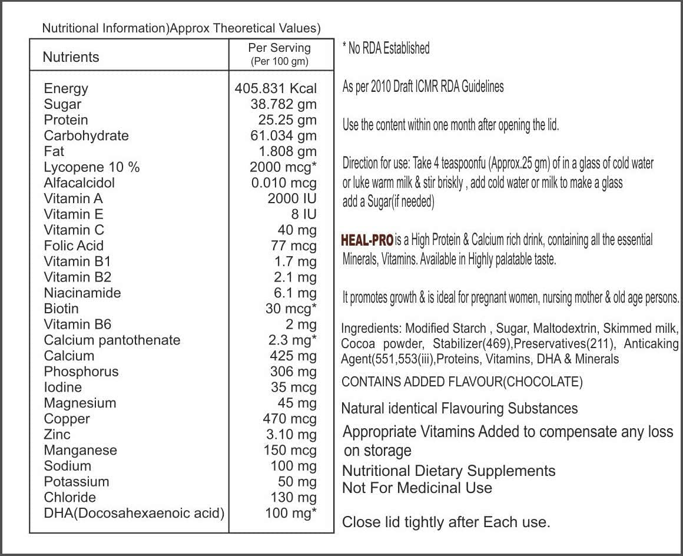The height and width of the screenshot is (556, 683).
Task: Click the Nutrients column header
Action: point(71,57)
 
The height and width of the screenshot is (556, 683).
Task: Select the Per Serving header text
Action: point(279,48)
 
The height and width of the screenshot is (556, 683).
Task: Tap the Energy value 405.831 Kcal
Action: point(276,88)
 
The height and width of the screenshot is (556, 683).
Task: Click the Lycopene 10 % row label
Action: point(92,167)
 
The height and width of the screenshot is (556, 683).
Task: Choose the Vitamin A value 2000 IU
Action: point(292,198)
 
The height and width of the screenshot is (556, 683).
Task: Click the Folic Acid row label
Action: point(74,246)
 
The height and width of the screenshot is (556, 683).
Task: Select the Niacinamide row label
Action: point(82,293)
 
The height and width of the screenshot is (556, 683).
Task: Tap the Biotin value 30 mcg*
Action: point(291,309)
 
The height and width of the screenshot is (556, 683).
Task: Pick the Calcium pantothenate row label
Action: point(112,340)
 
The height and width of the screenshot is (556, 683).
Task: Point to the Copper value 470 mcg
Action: point(290,419)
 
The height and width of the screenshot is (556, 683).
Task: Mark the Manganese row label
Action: point(80,450)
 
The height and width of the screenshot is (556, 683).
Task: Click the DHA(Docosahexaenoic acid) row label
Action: point(134,513)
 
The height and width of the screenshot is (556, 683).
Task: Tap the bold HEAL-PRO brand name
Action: point(367,240)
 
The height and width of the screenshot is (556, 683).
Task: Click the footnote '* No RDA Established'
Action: point(386,48)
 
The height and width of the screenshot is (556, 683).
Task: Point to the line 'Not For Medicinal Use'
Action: point(417,488)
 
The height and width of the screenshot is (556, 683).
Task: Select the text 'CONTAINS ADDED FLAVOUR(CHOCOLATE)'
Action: point(462,382)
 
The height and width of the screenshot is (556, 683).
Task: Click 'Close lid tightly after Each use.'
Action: point(446,522)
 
